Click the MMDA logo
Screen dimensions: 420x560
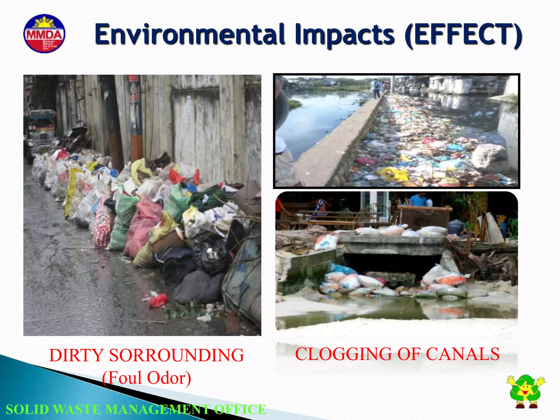coord(44,34)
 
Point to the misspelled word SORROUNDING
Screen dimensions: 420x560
coord(177,355)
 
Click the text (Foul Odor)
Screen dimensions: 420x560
coord(147,378)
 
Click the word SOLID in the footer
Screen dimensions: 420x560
coord(27,410)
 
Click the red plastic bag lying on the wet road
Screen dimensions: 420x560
coord(159,300)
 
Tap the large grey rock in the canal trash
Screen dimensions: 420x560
coord(489,156)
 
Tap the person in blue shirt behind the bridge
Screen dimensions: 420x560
coord(418,200)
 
